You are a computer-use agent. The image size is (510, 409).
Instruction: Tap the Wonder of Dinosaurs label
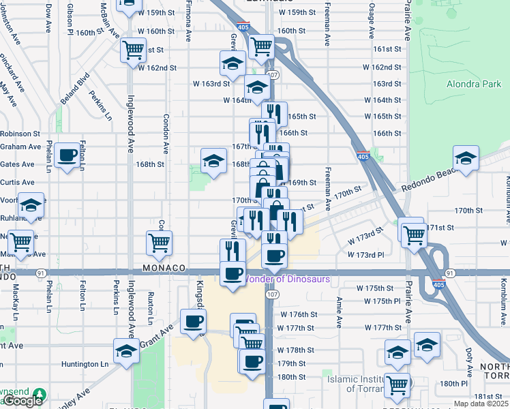coord(286,279)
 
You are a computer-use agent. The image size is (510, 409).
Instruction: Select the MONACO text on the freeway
coord(164,269)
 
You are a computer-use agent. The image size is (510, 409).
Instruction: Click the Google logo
coord(22,401)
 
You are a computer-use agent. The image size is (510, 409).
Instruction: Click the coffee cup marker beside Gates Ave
coord(67,156)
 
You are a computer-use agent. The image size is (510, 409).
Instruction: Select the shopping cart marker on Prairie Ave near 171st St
coord(414,234)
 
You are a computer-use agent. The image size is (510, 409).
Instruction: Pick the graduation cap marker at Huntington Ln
coord(125,352)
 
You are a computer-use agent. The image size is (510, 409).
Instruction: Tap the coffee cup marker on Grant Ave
coord(194,320)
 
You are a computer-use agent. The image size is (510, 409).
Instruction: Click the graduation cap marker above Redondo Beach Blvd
coord(466,159)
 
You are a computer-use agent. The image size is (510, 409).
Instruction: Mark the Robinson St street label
coord(20,134)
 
